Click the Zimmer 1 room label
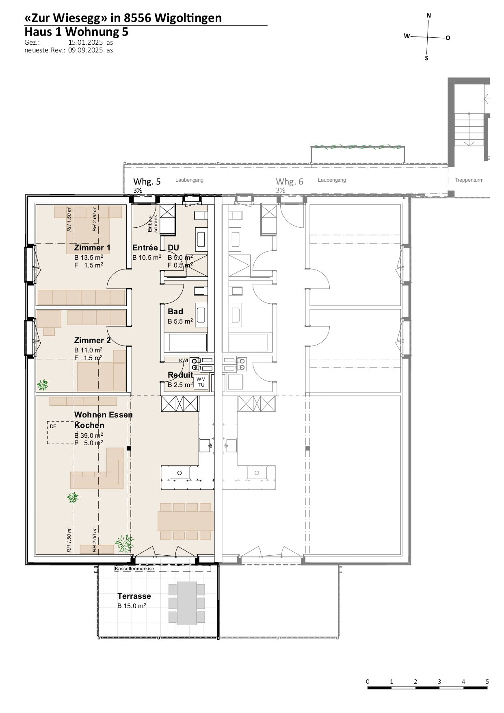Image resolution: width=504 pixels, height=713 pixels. click(92, 248)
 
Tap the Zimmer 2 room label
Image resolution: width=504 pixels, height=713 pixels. click(92, 340)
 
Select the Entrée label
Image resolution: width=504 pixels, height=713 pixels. click(145, 248)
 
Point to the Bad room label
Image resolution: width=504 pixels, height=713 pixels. click(175, 311)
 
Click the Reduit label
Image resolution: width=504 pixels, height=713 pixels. click(180, 375)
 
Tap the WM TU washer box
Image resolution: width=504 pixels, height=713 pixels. click(201, 382)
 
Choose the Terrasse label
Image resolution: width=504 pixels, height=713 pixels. click(134, 596)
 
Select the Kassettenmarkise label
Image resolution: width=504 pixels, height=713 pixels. click(134, 569)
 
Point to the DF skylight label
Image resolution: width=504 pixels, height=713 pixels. click(53, 426)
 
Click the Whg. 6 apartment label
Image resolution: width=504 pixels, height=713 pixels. click(290, 181)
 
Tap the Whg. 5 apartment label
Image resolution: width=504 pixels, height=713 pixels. click(147, 181)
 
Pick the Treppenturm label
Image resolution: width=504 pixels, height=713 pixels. click(469, 180)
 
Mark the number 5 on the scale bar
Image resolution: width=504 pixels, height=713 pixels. click(487, 682)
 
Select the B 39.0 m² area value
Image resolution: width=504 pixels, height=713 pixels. click(89, 435)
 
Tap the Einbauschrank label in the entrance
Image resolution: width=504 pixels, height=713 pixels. click(152, 223)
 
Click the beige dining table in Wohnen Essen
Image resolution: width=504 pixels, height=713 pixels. click(186, 521)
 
